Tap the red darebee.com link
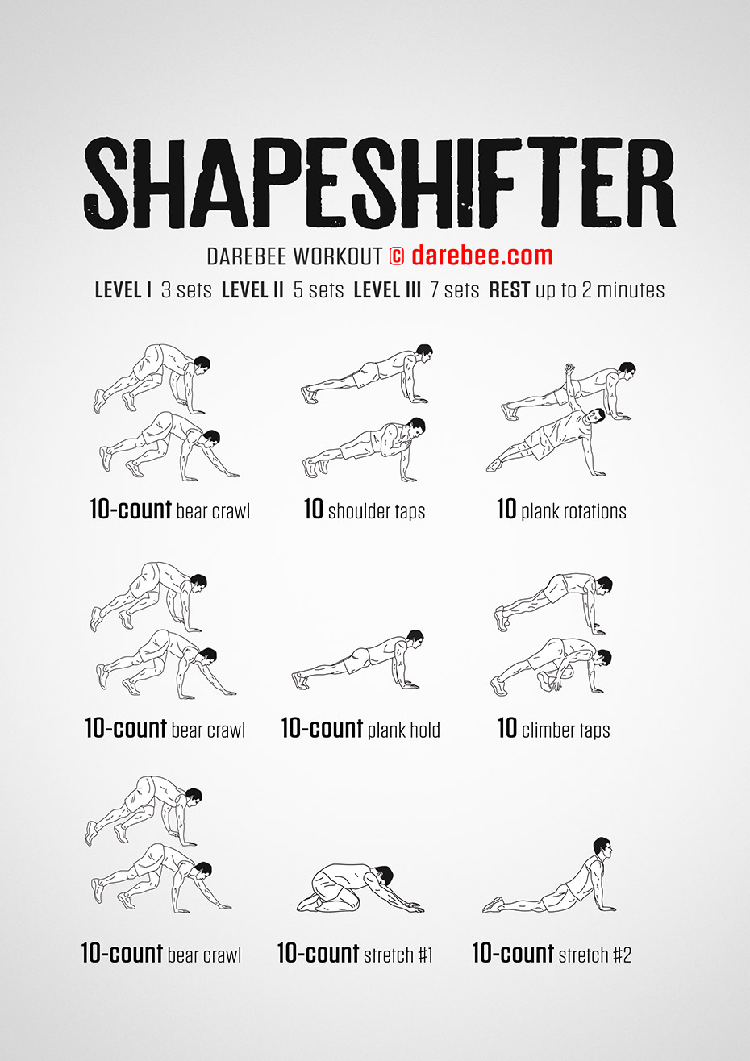pos(481,256)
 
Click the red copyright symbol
pos(397,256)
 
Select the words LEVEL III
pos(387,290)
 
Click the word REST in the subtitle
pos(509,290)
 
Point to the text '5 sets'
pos(319,290)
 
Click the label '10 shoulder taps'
pos(365,510)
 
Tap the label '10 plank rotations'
pos(561,510)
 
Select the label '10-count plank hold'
pos(360,729)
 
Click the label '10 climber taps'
pos(553,729)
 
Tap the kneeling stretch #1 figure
pos(360,889)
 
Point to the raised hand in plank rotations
pos(569,369)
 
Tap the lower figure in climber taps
pos(551,667)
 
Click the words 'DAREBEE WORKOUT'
pos(294,256)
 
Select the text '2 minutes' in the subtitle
pos(623,290)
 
